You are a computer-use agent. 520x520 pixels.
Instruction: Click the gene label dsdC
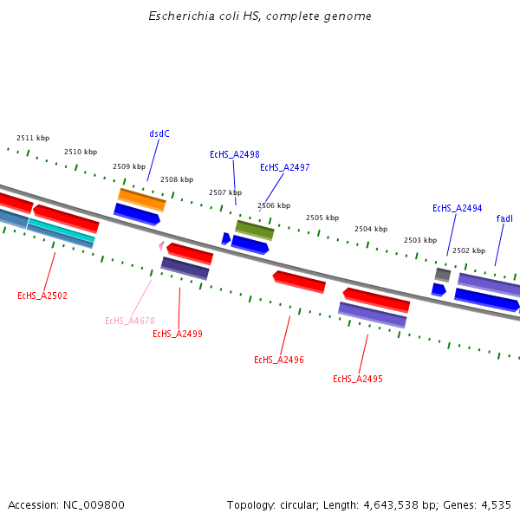coord(159,133)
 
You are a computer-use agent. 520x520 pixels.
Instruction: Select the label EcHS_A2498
coord(234,154)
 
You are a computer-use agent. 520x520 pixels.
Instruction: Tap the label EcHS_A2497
coord(284,167)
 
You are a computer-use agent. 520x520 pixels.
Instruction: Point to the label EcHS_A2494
coord(457,209)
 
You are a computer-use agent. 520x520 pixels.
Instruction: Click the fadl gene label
coord(504,219)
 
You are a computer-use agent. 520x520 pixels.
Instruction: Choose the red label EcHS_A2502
coord(42,296)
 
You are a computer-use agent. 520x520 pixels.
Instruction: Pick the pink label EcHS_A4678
coord(129,321)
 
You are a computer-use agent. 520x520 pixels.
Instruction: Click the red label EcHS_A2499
coord(178,334)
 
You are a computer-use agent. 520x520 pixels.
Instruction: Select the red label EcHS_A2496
coord(278,360)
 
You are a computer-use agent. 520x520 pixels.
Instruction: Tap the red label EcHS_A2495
coord(357,379)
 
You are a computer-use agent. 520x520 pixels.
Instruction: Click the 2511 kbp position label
coord(33,138)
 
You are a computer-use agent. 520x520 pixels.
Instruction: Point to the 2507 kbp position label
coord(225,192)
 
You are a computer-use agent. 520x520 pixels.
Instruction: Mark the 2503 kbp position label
coord(420,240)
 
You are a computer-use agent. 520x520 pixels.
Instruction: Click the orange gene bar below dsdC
coord(142,199)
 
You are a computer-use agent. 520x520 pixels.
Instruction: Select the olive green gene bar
coord(255,230)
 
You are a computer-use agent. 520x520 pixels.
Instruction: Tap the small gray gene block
coord(443,275)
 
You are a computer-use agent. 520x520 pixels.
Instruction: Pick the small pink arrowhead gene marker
coord(161,246)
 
